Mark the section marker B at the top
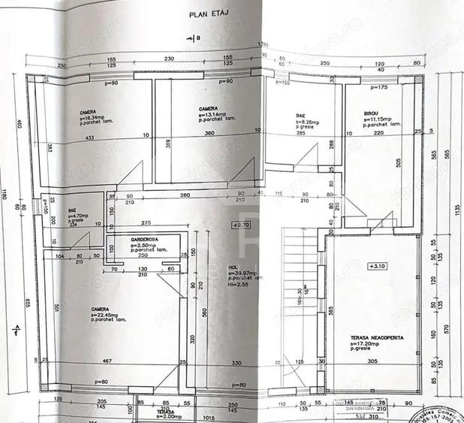point(197,38)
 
